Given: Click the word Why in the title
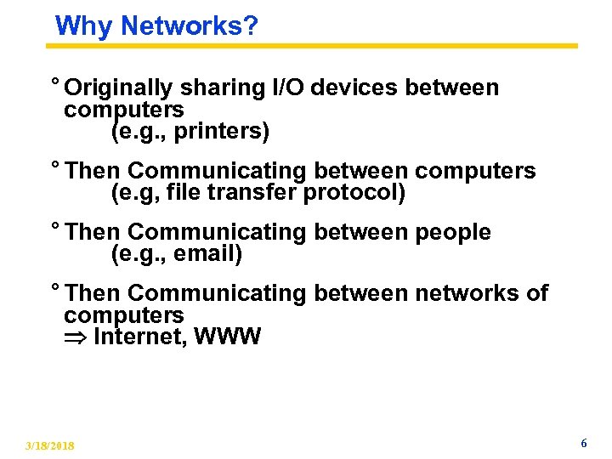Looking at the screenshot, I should [x=84, y=26].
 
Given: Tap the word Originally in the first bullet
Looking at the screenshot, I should [x=119, y=88].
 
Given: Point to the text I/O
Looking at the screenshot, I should [x=286, y=88].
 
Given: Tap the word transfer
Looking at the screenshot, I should [x=248, y=193].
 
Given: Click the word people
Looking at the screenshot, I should [x=453, y=232].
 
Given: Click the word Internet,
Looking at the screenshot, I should [x=140, y=337].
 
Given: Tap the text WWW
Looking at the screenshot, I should [x=227, y=337].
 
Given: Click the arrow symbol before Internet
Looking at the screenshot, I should [x=75, y=338].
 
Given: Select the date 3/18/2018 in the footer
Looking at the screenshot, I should [x=49, y=446].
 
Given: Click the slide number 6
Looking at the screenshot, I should [x=583, y=444].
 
